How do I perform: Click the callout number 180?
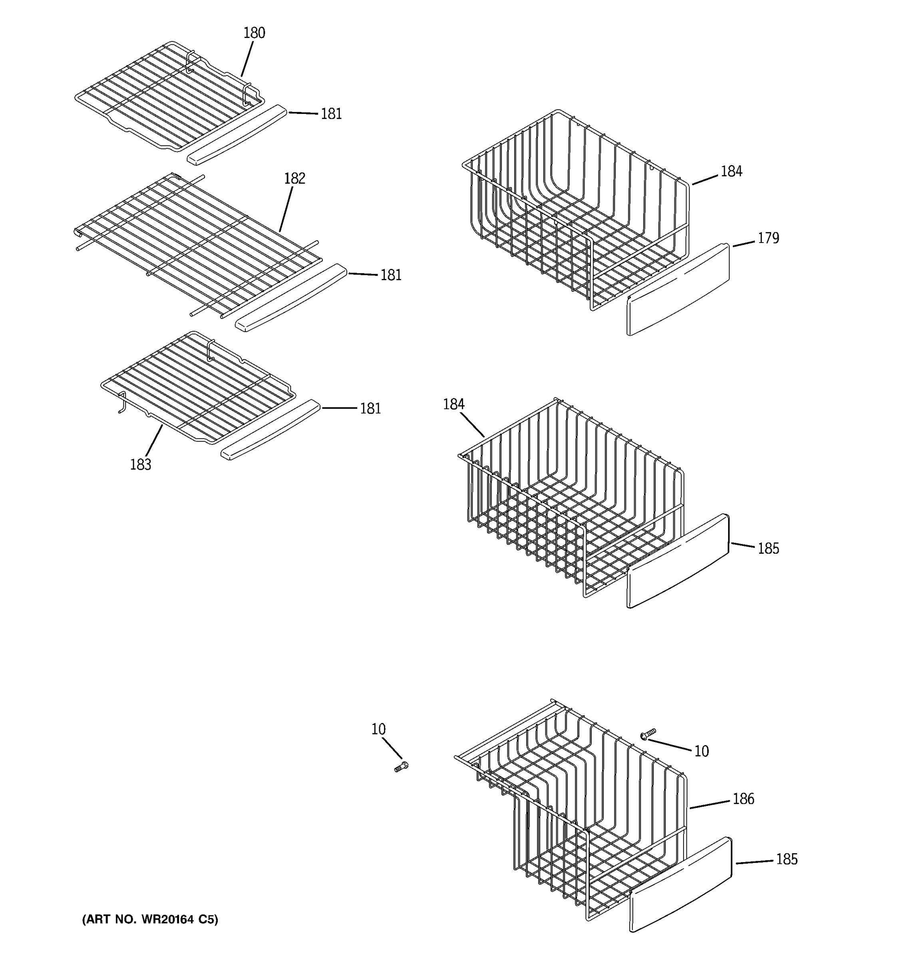coord(254,33)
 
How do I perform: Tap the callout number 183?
coord(140,465)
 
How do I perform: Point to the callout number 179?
coord(768,238)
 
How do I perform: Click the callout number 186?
coord(743,799)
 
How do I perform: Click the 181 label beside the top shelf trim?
coord(331,114)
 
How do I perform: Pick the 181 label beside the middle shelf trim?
coord(391,275)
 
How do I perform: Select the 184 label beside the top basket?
coord(731,172)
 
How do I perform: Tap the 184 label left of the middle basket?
coord(453,404)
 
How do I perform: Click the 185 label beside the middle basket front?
coord(768,549)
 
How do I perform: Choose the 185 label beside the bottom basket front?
coord(786,859)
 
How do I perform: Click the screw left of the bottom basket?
coord(401,766)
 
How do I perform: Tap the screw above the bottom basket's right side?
coord(648,734)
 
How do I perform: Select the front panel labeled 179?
coord(678,289)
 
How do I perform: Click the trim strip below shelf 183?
coord(270,429)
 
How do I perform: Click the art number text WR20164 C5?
coord(150,919)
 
